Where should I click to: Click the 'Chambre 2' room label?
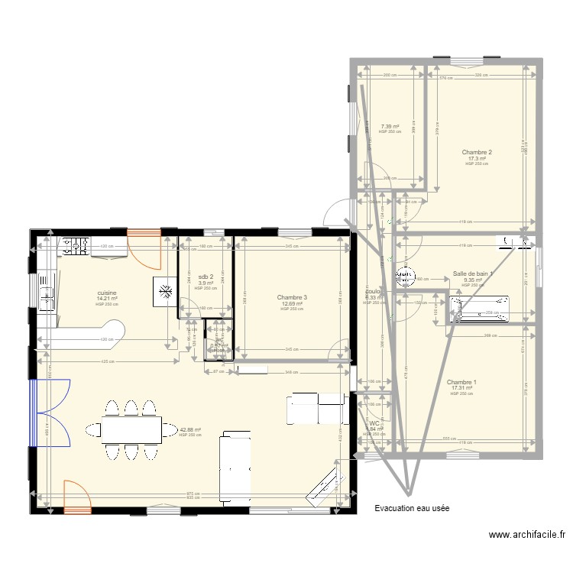point(476,152)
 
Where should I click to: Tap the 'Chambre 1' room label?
point(461,382)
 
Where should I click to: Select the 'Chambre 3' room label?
point(292,297)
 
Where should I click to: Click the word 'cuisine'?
point(107,293)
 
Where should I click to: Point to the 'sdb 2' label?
point(206,277)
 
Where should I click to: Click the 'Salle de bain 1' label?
point(473,274)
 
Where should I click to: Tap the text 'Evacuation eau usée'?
point(412,508)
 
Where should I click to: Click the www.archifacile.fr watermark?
point(527,536)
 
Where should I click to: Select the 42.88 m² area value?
point(190,429)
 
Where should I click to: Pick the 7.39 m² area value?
point(390,126)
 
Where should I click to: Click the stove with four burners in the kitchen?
point(76,246)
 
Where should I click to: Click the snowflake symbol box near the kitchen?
point(164,290)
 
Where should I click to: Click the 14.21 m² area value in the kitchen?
point(107,299)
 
